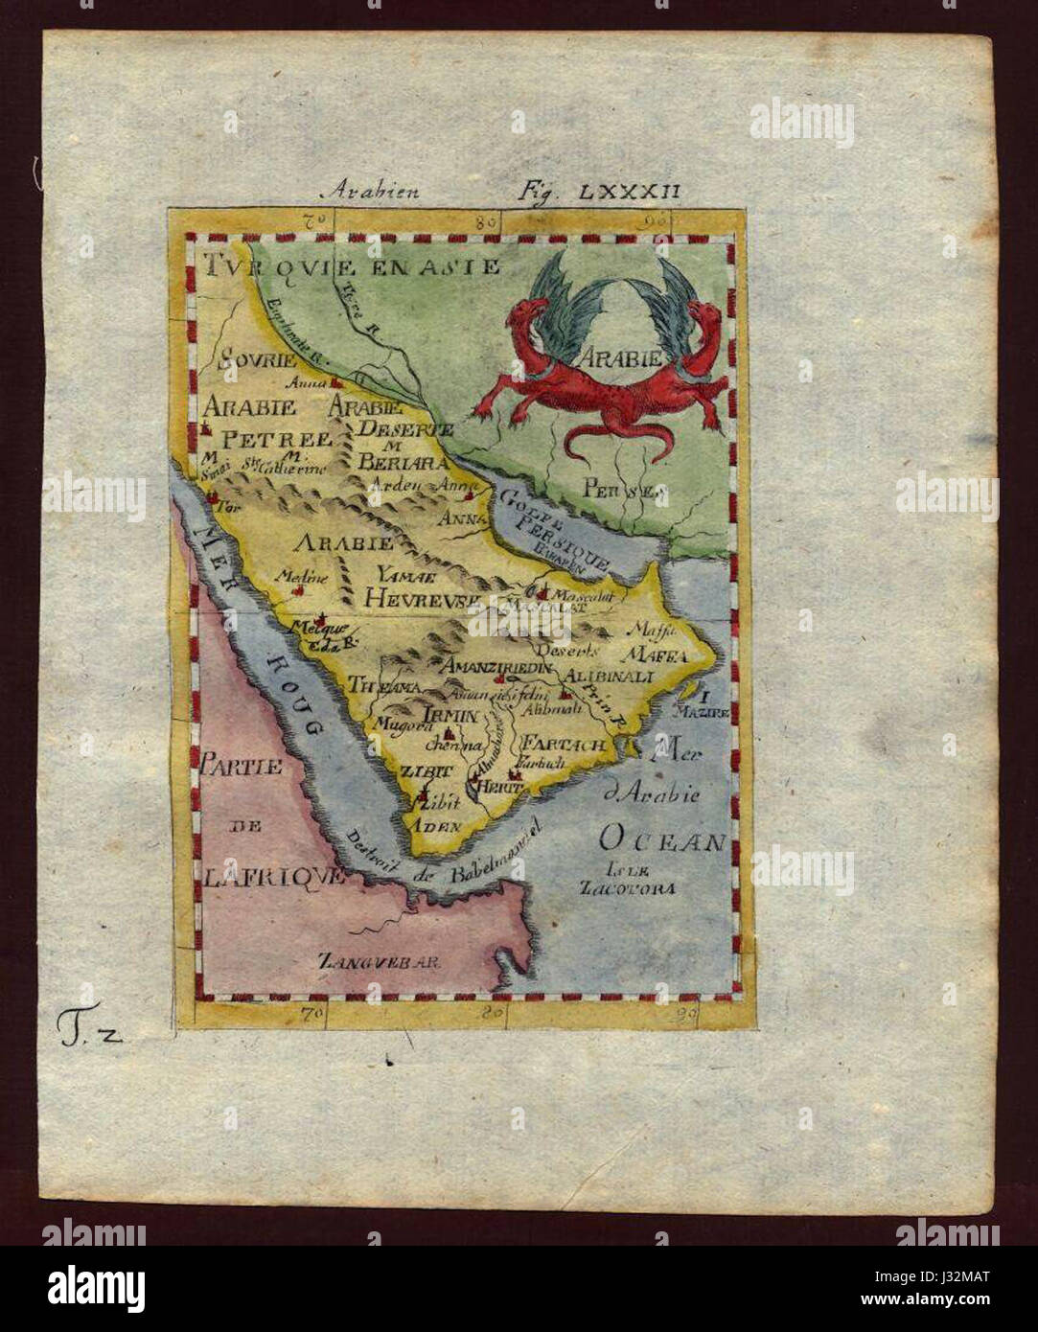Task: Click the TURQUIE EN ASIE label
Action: tap(352, 264)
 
